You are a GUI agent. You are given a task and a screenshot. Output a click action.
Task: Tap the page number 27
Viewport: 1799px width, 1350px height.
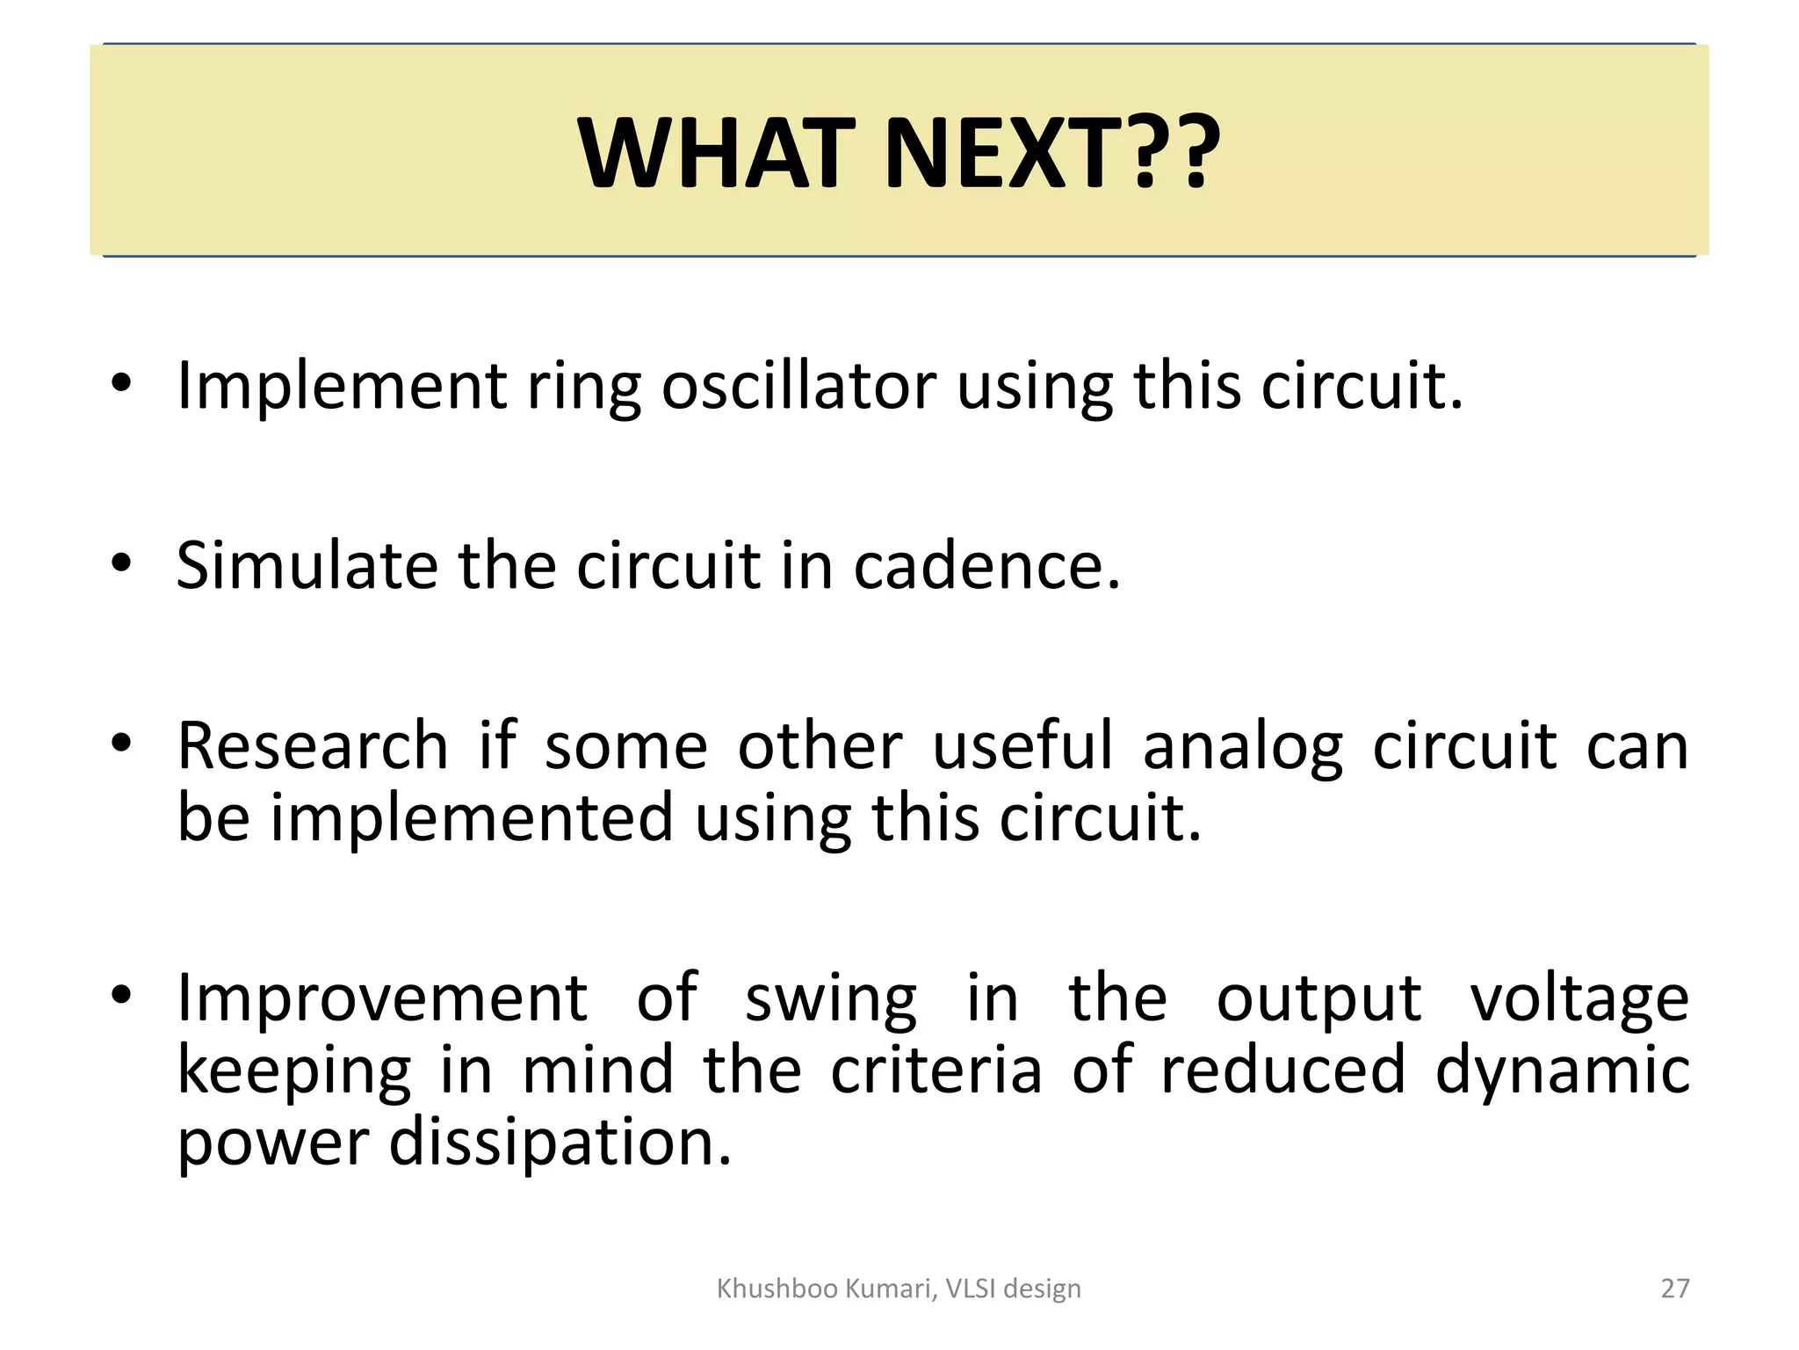click(1675, 1288)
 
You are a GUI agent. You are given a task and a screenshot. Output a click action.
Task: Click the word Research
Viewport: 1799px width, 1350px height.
click(313, 746)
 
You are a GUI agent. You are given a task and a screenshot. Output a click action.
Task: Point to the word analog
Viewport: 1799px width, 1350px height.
click(1243, 746)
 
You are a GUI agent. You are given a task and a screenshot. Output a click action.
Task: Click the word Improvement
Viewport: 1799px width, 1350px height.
click(382, 998)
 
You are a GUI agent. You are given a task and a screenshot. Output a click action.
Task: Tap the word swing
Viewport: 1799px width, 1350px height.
click(830, 1000)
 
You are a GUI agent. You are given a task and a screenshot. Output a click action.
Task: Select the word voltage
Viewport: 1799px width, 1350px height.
click(1579, 1000)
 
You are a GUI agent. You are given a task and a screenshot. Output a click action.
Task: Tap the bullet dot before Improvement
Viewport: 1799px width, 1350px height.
click(121, 995)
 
